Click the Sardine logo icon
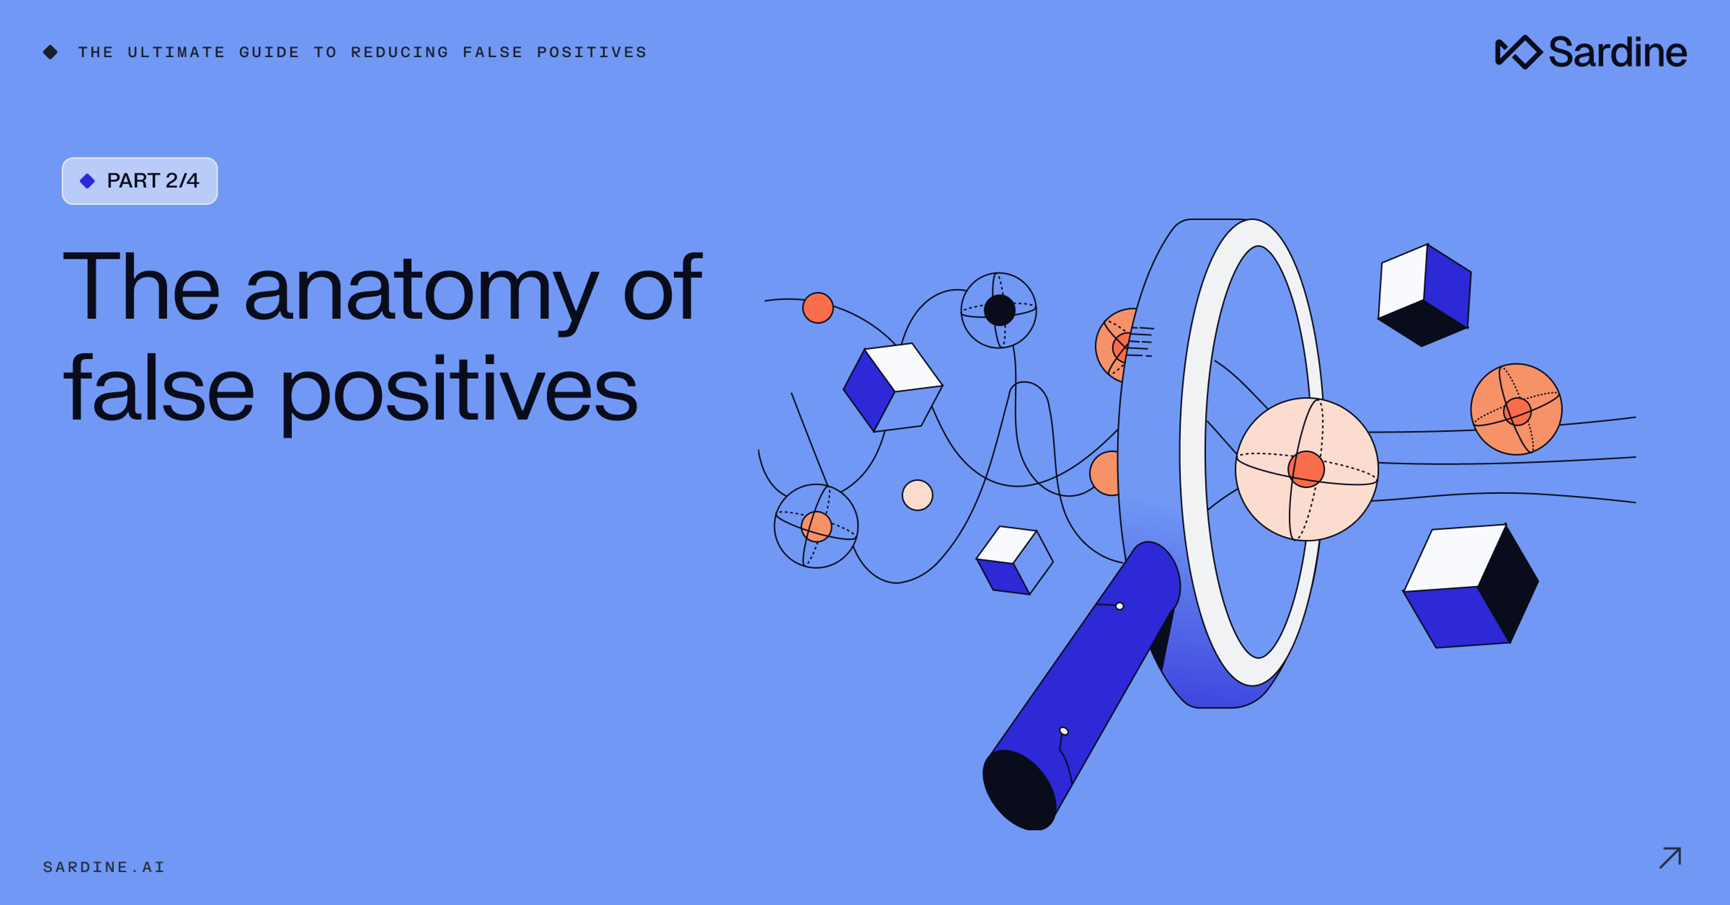[x=1518, y=52]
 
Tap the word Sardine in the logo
[x=1617, y=52]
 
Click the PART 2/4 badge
[x=140, y=181]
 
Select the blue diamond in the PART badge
[x=87, y=181]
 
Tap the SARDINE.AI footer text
[x=104, y=867]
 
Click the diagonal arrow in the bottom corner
[x=1670, y=858]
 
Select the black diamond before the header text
[x=50, y=52]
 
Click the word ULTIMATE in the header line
[x=176, y=52]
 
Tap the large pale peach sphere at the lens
[x=1306, y=469]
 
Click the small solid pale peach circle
[x=917, y=495]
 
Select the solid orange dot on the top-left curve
[x=818, y=308]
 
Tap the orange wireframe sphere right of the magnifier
[x=1516, y=410]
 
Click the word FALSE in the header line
[x=492, y=52]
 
